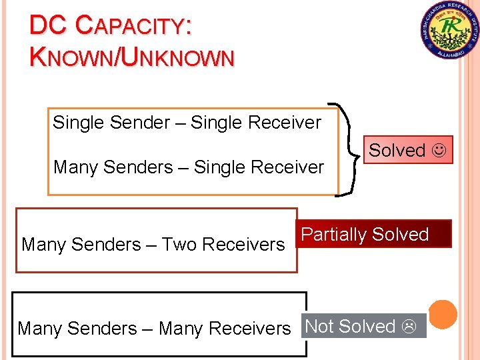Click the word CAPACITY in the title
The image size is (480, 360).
pos(134,26)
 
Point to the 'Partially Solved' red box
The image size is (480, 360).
pos(373,234)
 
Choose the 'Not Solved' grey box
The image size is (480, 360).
pos(364,327)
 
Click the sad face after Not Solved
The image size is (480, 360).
pos(408,327)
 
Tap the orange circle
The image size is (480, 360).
pos(443,314)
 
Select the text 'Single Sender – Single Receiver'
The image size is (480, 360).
pos(187,123)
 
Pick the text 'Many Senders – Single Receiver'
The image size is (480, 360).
pos(189,167)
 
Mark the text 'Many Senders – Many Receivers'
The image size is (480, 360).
pos(154,329)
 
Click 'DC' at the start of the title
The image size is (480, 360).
pos(47,26)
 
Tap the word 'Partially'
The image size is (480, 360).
pos(334,235)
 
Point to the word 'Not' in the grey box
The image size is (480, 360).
pos(319,327)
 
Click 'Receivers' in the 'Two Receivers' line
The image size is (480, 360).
pos(243,245)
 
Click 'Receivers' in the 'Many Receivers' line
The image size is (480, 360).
pos(250,329)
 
